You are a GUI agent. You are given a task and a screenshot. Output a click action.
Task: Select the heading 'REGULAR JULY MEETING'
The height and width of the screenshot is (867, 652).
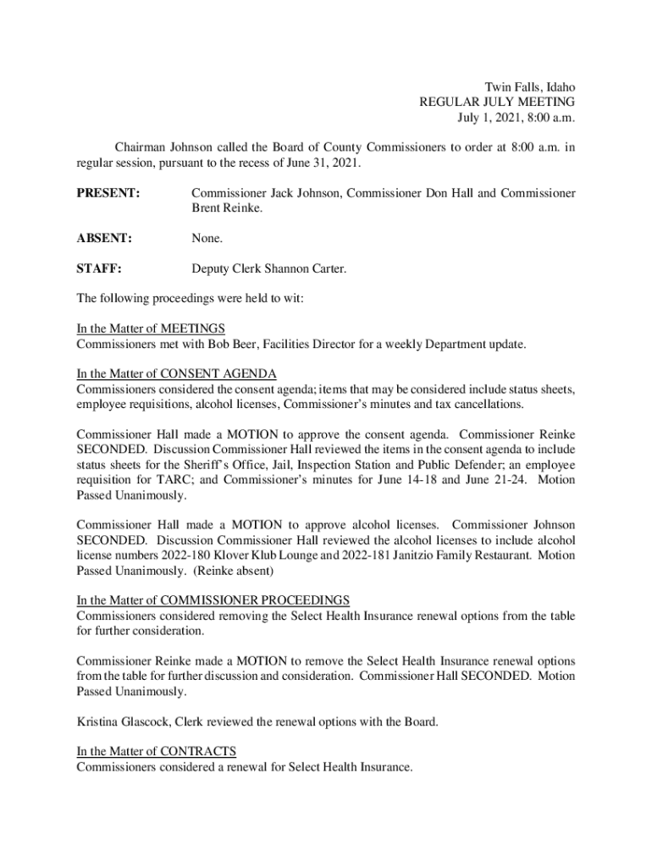497,102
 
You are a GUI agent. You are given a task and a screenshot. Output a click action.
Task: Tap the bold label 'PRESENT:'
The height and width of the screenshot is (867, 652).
108,193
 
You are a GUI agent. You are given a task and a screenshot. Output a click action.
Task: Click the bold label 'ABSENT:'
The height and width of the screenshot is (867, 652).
104,239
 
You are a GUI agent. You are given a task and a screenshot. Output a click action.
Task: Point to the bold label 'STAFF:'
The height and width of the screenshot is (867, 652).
99,269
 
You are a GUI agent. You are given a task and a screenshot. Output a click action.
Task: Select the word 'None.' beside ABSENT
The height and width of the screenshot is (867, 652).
207,239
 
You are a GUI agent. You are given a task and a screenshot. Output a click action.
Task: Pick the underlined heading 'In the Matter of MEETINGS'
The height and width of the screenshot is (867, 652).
151,329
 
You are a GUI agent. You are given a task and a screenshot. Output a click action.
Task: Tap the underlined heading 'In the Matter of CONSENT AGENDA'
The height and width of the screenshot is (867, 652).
176,374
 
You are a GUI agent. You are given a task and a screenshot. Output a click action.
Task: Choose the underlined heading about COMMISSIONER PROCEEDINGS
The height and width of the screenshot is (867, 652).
213,600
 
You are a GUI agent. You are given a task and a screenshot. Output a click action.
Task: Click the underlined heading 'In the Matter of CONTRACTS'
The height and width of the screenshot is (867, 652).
156,752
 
